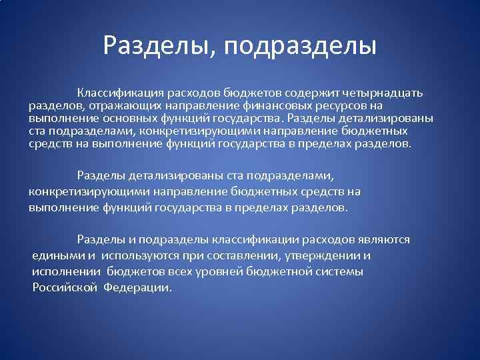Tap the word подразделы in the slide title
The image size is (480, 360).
pos(300,46)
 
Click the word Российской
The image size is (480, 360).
pos(65,288)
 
